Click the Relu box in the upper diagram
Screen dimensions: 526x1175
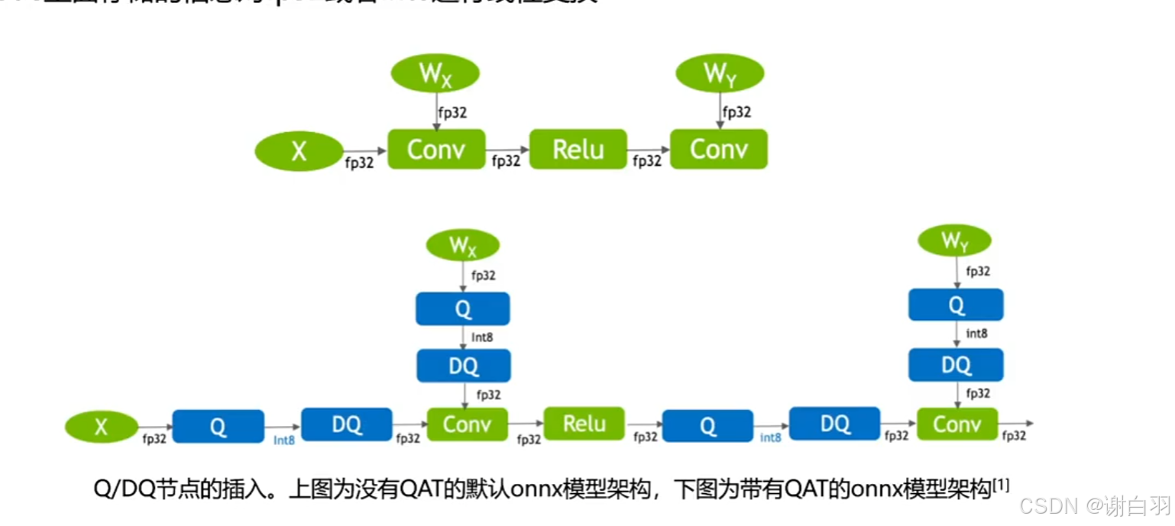578,149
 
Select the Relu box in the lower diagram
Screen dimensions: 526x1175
584,424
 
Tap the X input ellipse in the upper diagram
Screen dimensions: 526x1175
299,151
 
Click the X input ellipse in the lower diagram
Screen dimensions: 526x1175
101,427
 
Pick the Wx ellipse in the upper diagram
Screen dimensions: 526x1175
435,73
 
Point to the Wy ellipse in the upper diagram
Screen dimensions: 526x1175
720,73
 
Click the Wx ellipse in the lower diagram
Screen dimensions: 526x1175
462,245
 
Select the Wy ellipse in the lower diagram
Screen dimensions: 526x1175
955,241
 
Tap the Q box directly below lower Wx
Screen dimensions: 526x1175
462,308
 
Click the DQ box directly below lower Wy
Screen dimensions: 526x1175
955,365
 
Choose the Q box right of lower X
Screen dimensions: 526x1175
218,426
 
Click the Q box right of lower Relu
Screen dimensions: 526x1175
707,426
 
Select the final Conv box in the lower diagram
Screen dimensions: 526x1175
957,424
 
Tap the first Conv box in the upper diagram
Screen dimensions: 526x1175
436,149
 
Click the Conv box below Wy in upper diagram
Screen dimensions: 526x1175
718,149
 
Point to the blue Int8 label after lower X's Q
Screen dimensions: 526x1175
283,440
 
